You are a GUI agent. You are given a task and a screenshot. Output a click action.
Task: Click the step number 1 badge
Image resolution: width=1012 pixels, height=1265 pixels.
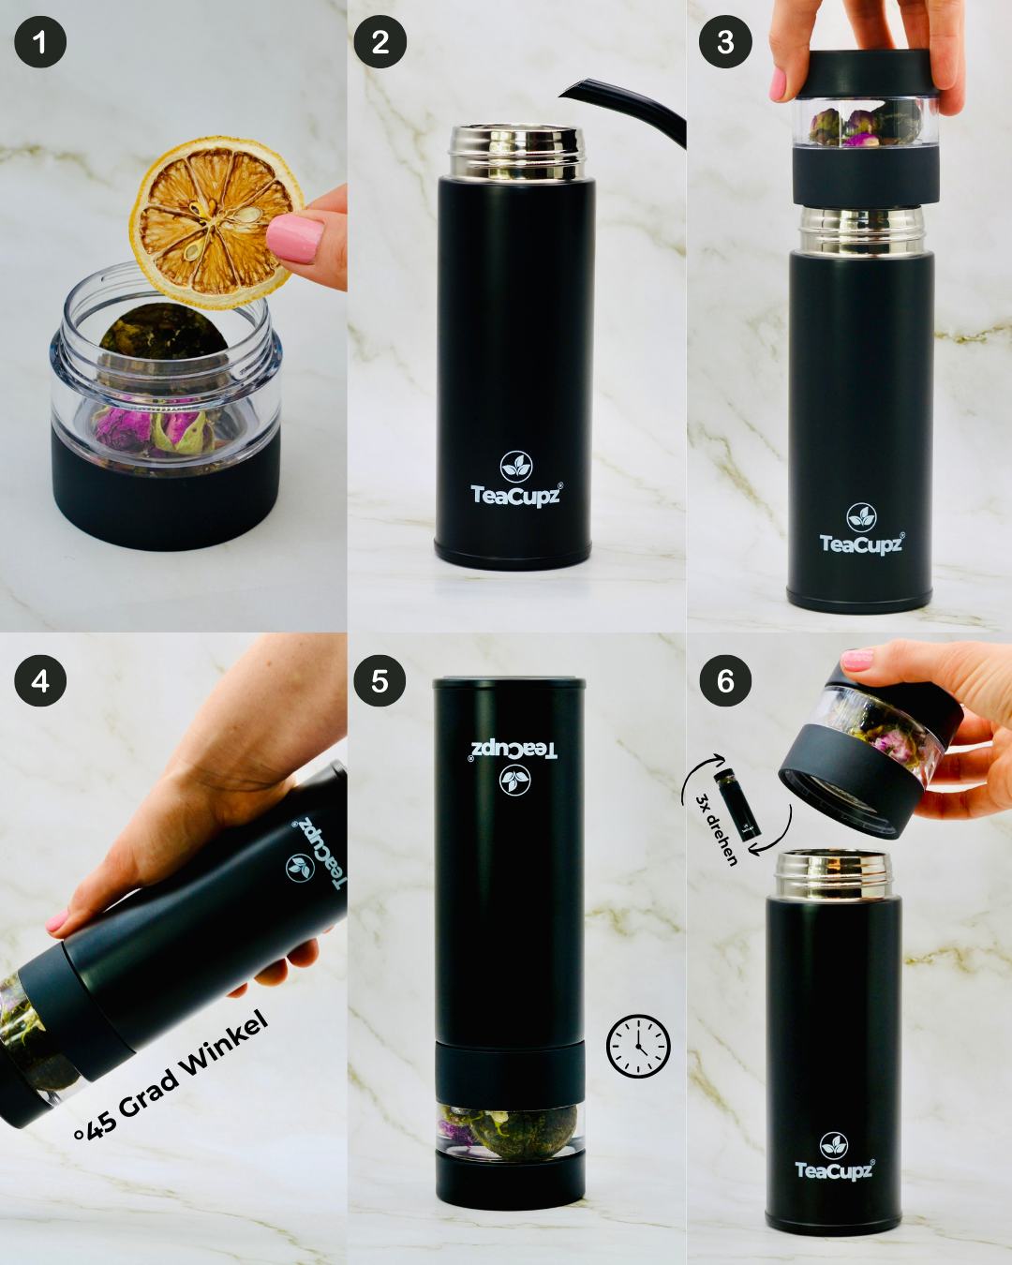point(40,42)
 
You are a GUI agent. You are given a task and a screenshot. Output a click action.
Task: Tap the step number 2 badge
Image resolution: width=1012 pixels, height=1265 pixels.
point(379,42)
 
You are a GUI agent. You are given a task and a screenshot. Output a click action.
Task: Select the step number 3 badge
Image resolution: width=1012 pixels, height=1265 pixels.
point(725,42)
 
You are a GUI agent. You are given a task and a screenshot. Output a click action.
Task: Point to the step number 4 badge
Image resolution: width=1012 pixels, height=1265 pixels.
point(40,681)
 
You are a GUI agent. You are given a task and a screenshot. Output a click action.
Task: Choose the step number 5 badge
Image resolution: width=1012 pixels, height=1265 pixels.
point(379,681)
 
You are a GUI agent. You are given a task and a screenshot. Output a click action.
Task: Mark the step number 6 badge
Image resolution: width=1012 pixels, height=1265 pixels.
point(725,681)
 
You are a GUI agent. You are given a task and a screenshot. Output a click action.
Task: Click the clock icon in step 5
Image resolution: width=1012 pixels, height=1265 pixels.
point(638,1046)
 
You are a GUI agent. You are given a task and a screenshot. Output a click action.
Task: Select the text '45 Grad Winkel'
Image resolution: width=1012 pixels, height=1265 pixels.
point(173,1078)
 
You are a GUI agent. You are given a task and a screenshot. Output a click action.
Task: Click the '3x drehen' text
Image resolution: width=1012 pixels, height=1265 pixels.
point(717,829)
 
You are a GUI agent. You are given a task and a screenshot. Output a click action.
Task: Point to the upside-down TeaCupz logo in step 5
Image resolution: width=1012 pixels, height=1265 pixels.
point(514,764)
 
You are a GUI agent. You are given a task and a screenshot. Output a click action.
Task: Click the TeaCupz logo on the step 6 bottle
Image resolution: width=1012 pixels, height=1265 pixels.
point(834,1158)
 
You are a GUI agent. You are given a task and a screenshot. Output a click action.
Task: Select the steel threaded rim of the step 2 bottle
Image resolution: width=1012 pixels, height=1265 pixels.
point(516,152)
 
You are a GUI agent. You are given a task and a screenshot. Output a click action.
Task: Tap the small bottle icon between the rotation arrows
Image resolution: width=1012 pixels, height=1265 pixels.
point(738,803)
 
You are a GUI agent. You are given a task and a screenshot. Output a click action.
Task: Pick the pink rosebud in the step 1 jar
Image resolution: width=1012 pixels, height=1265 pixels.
point(122,428)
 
